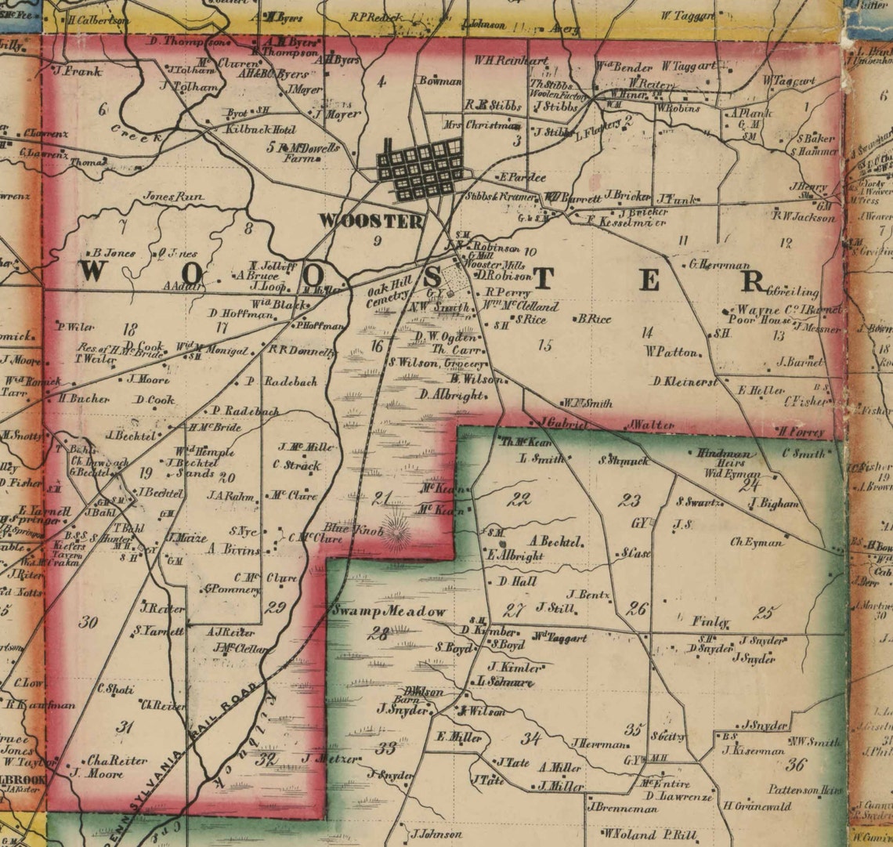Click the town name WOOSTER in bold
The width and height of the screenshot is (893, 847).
click(371, 221)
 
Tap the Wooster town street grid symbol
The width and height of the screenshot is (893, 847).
click(420, 168)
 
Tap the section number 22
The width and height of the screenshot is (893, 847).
click(518, 499)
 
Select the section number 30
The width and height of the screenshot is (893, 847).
click(89, 622)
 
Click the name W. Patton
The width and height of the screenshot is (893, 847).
click(672, 352)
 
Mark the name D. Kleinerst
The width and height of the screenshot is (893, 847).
click(684, 382)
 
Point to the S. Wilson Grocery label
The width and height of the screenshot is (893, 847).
click(438, 364)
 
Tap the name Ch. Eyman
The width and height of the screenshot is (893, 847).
click(756, 541)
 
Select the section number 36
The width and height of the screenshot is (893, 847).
click(796, 765)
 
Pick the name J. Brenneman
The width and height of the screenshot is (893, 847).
click(620, 807)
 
